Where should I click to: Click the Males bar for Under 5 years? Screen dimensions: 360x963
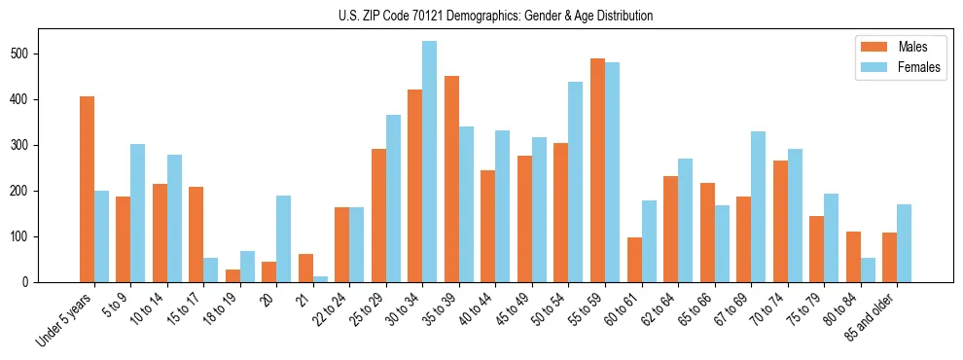pyautogui.click(x=87, y=190)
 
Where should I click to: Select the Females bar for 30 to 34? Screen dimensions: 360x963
pyautogui.click(x=430, y=162)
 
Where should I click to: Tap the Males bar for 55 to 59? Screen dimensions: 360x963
pyautogui.click(x=597, y=170)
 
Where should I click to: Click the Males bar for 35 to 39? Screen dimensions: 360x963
pyautogui.click(x=451, y=179)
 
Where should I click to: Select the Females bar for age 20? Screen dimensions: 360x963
pyautogui.click(x=284, y=239)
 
